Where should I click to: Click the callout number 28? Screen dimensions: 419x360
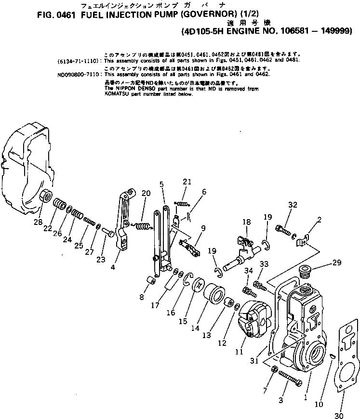38,222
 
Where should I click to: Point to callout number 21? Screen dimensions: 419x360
187,182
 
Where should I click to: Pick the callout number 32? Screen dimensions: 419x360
292,204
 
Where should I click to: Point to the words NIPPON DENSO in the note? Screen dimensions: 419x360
128,89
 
